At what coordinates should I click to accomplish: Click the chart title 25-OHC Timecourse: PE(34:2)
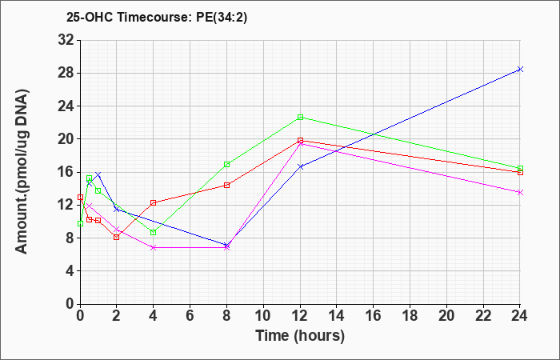click(157, 18)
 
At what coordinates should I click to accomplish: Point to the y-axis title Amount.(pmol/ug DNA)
click(22, 172)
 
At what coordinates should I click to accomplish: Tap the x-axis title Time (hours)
click(300, 336)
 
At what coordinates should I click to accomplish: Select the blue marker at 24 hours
click(520, 70)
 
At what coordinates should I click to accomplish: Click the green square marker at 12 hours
click(300, 117)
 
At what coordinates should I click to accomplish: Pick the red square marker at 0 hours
click(80, 197)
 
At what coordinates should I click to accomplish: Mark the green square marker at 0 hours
click(80, 223)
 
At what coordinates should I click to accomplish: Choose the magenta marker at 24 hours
click(520, 193)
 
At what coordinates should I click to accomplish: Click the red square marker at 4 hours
click(154, 203)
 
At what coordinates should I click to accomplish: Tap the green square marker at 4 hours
click(154, 233)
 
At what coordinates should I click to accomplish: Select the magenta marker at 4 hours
click(154, 247)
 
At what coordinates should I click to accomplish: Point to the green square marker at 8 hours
click(226, 165)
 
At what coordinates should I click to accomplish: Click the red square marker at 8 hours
click(226, 185)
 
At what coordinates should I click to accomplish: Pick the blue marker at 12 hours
click(300, 166)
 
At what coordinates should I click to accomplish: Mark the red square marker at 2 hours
click(116, 237)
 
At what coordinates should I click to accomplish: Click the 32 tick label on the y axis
click(66, 40)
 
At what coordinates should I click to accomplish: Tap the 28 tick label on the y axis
click(66, 74)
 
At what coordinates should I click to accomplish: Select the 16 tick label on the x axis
click(374, 316)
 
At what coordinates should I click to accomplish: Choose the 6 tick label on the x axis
click(190, 316)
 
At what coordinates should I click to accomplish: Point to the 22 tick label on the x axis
click(483, 316)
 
